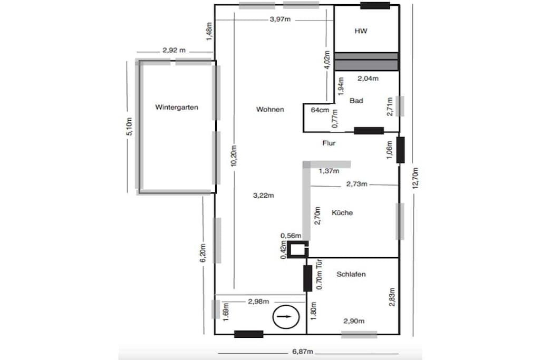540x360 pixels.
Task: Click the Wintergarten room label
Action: click(177, 108)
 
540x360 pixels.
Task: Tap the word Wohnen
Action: click(270, 110)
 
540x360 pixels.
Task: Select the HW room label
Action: click(361, 31)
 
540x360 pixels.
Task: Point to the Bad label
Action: click(356, 101)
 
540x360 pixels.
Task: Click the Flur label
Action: click(329, 143)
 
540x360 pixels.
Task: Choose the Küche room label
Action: click(342, 213)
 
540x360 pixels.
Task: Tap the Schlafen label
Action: click(351, 274)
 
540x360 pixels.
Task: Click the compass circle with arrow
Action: click(286, 317)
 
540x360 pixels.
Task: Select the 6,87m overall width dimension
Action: click(303, 352)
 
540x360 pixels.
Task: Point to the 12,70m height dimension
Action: click(416, 178)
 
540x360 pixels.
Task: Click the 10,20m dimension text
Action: click(234, 156)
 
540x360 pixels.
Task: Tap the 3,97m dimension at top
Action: click(280, 20)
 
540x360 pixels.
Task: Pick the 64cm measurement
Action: click(320, 110)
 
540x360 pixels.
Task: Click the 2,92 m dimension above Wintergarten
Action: click(174, 50)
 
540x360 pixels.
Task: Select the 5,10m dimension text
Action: click(130, 127)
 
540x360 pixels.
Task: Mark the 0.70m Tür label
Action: click(319, 274)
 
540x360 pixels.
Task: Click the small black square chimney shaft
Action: click(297, 249)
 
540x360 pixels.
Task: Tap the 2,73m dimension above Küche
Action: click(357, 184)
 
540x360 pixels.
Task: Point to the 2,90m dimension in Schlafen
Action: click(354, 321)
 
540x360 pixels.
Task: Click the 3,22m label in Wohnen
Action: click(264, 196)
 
